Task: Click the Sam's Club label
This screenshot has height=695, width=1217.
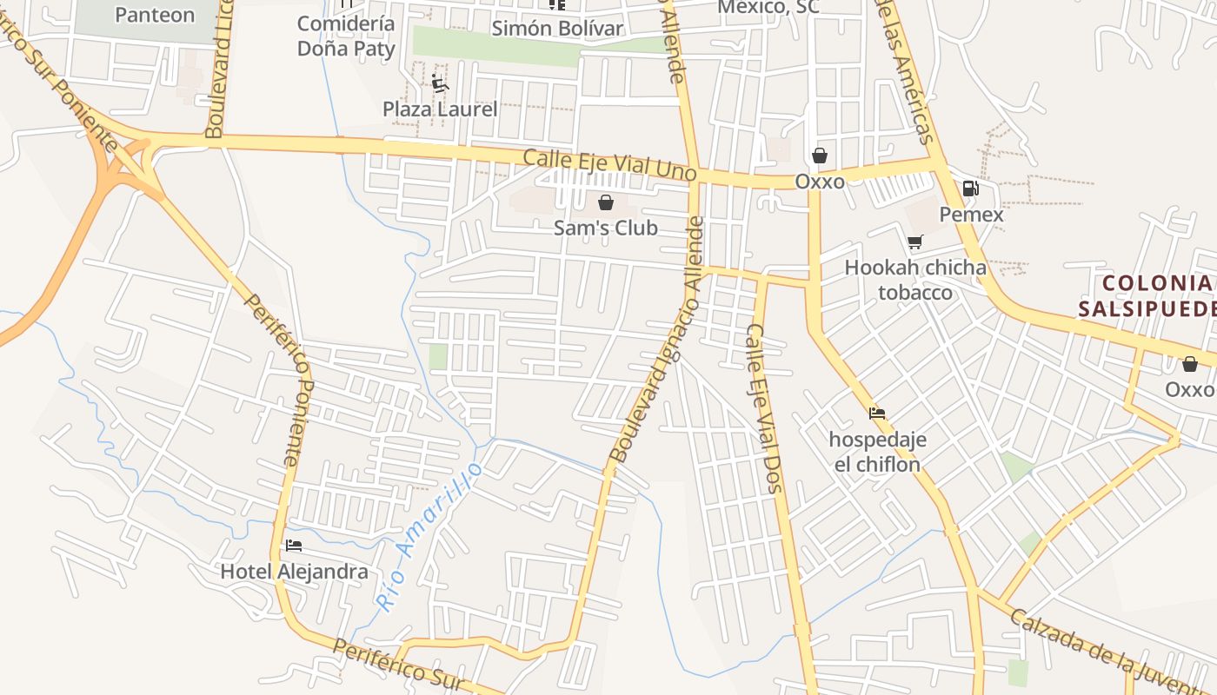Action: click(605, 228)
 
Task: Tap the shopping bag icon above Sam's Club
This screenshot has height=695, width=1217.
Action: click(605, 203)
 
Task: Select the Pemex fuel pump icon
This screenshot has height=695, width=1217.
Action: click(970, 189)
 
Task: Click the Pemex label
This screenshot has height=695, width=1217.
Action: click(971, 215)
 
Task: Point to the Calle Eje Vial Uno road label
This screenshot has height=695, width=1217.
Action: click(609, 165)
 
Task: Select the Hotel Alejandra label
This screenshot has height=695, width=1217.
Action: click(294, 572)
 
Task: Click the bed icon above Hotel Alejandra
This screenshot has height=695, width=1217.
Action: click(294, 546)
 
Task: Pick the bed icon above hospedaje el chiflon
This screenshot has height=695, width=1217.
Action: click(877, 414)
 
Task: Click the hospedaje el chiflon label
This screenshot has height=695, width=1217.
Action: click(877, 452)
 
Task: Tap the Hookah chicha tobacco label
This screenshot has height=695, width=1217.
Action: click(915, 280)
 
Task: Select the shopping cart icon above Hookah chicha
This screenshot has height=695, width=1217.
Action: click(914, 242)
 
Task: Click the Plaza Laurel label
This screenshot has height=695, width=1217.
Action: click(440, 109)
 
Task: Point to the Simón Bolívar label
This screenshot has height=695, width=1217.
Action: click(557, 29)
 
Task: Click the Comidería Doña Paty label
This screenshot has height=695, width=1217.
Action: click(346, 36)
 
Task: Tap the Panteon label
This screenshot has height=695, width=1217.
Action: click(155, 15)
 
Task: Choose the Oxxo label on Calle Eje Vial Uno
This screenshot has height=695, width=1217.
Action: click(820, 182)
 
